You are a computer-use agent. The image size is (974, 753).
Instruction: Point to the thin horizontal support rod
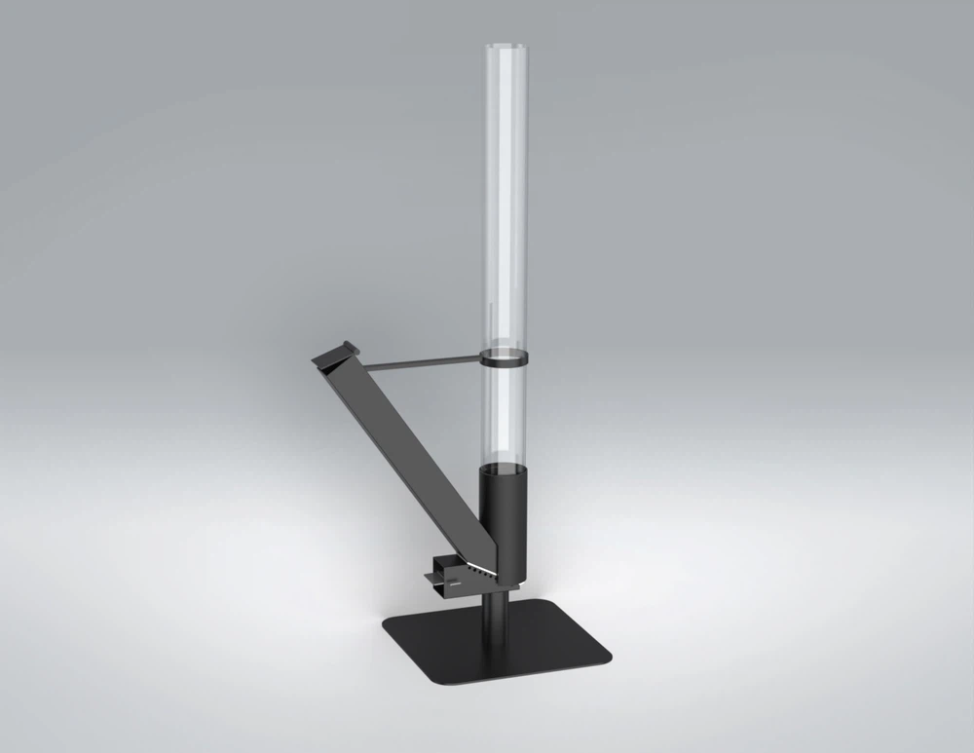click(x=419, y=363)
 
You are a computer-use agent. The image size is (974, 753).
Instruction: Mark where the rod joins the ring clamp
click(x=485, y=360)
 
